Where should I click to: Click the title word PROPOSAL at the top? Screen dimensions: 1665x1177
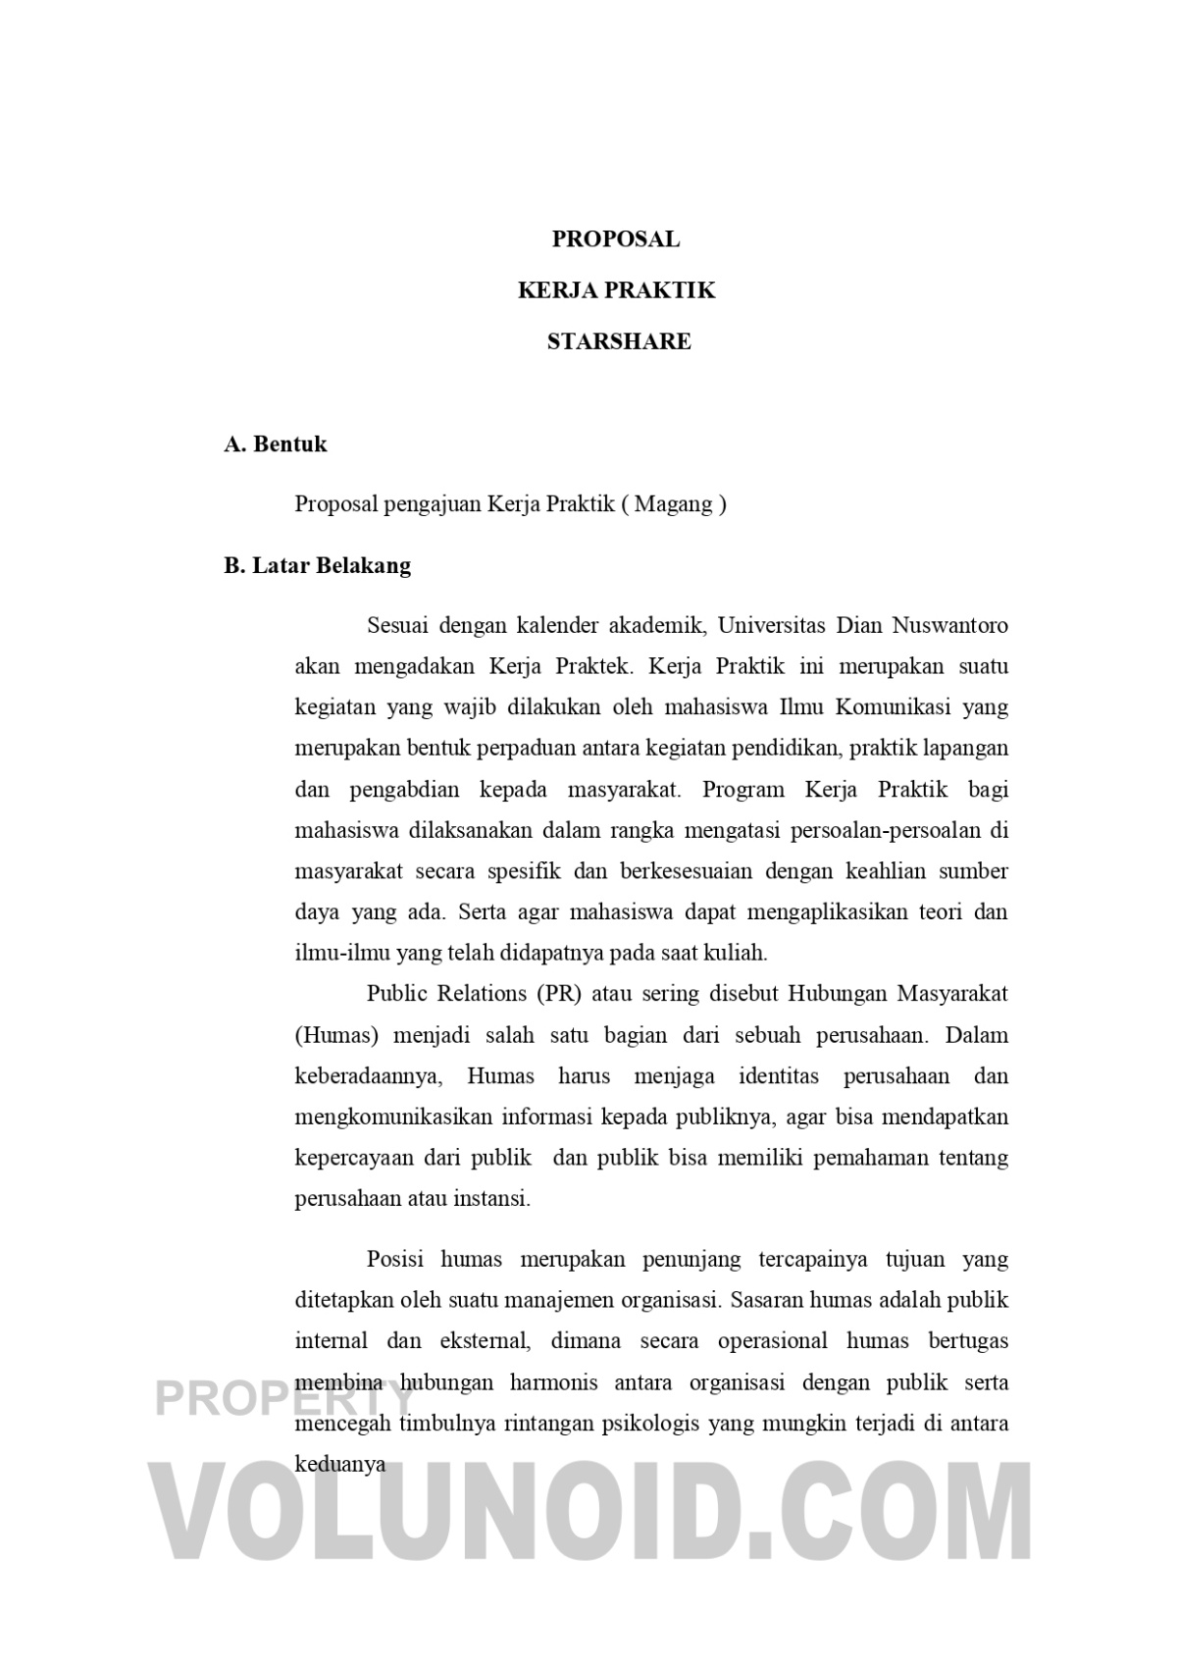click(x=615, y=239)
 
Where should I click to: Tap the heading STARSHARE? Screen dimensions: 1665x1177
click(x=618, y=341)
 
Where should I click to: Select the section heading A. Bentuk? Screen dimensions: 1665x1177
click(x=276, y=444)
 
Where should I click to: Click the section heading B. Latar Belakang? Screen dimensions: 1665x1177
click(x=318, y=566)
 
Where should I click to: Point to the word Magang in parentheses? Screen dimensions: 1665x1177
click(x=675, y=504)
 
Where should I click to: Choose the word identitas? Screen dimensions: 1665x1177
click(x=779, y=1076)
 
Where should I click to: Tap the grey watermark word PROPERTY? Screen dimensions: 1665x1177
click(x=284, y=1399)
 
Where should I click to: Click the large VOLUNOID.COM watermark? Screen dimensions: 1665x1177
click(x=588, y=1516)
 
